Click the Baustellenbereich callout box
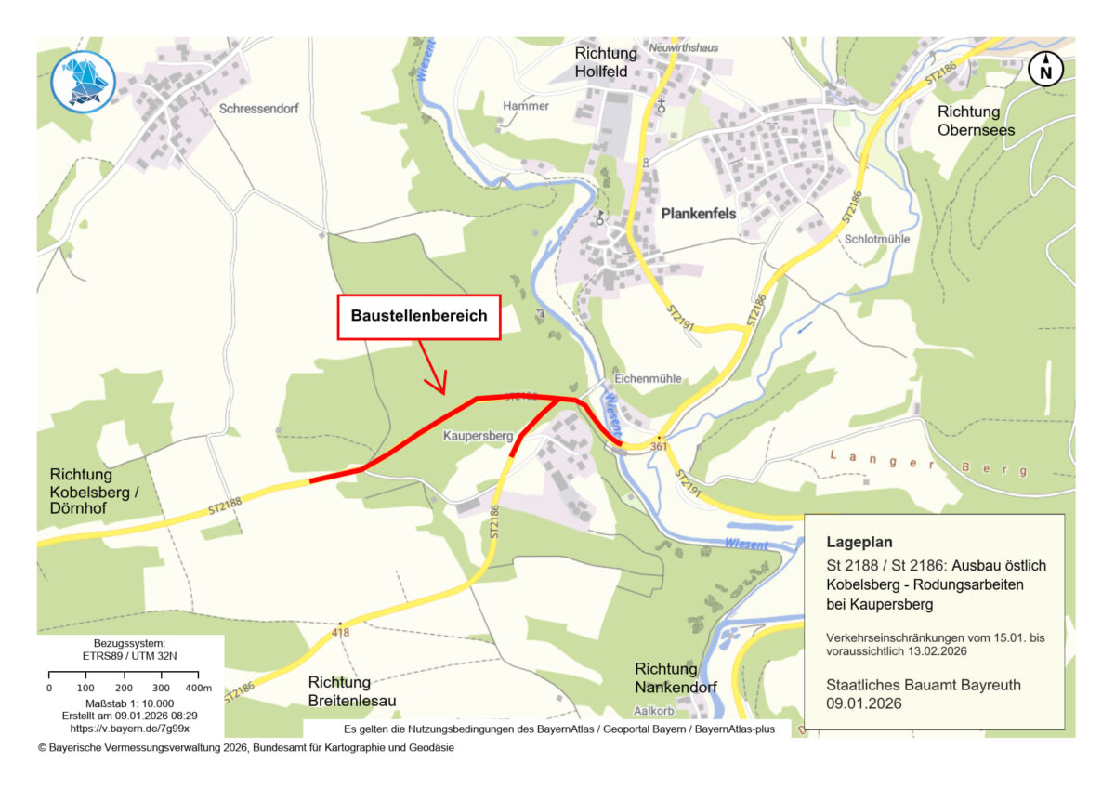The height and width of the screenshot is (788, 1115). pyautogui.click(x=418, y=317)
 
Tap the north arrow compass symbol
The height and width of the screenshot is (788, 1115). pyautogui.click(x=1046, y=70)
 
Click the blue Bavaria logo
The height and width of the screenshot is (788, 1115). pyautogui.click(x=83, y=82)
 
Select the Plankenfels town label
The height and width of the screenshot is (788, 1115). pyautogui.click(x=698, y=214)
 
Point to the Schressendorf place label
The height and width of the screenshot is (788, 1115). pyautogui.click(x=258, y=109)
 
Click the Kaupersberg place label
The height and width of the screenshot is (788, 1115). pyautogui.click(x=478, y=435)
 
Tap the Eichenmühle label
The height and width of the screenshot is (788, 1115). pyautogui.click(x=649, y=379)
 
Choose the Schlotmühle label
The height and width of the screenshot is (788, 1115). pyautogui.click(x=878, y=238)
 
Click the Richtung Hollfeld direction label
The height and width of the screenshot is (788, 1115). pyautogui.click(x=607, y=62)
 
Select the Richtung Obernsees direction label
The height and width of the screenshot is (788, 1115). pyautogui.click(x=969, y=121)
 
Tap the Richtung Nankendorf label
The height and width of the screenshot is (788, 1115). pyautogui.click(x=666, y=678)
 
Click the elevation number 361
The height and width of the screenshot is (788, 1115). pyautogui.click(x=659, y=447)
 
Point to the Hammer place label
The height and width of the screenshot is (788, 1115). pyautogui.click(x=526, y=106)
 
